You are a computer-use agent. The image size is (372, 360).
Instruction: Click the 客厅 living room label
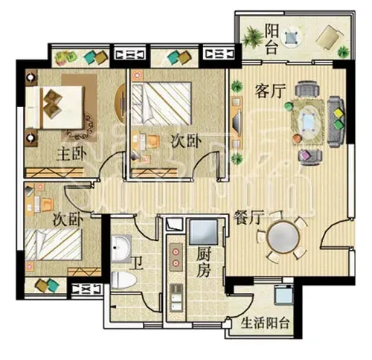pos(270,91)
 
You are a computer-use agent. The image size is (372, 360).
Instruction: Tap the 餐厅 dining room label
pos(248,217)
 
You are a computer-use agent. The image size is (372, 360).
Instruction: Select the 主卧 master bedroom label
pos(71,154)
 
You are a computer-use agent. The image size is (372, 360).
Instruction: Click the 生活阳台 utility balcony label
pos(265,323)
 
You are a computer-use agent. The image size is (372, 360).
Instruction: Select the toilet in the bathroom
pos(124,280)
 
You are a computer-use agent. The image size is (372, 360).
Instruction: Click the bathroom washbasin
pos(121,248)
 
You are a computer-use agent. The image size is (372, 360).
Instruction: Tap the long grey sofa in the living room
pos(336,121)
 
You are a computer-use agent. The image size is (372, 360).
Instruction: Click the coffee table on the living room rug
pos(308,122)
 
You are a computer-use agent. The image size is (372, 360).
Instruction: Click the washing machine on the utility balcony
pos(283,295)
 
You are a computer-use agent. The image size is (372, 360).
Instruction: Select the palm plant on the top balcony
pos(252,37)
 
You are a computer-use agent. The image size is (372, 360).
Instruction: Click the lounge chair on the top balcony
pos(329,37)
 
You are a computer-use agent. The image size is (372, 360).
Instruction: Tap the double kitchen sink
pos(176,297)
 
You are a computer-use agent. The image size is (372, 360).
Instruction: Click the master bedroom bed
pos(54,107)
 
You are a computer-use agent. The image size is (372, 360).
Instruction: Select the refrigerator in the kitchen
pos(203,232)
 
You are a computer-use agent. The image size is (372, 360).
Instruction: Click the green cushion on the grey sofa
pos(338,124)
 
